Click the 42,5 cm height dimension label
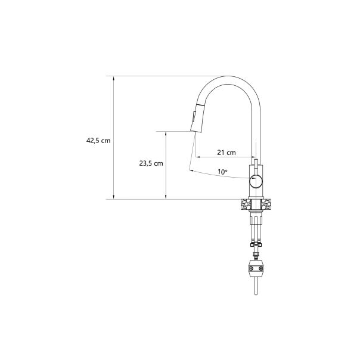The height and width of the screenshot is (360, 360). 98,141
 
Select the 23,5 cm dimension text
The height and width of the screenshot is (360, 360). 151,163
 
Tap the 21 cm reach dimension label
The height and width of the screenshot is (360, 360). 226,153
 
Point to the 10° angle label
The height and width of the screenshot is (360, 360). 222,172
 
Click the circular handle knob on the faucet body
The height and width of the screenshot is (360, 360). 256,181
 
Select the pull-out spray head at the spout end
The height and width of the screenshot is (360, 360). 196,119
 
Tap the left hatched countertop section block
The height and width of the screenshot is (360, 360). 246,204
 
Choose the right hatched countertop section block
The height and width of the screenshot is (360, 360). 266,204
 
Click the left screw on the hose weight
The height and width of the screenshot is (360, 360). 252,268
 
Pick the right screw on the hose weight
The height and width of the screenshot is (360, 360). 260,268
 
